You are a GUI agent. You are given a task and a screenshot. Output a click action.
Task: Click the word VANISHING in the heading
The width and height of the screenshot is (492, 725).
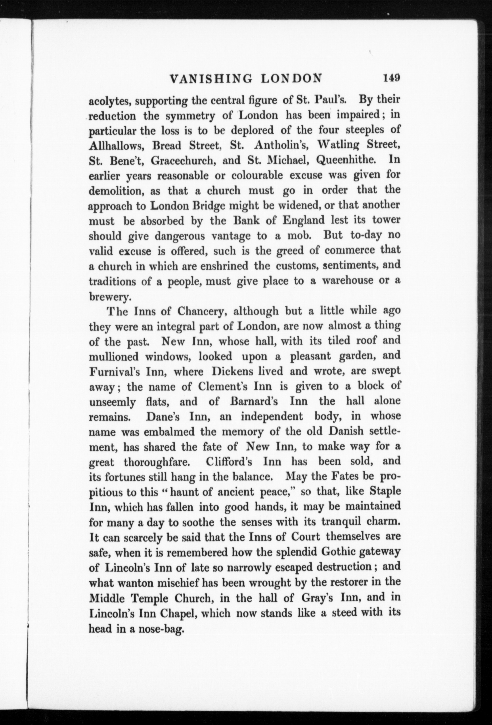pos(212,78)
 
